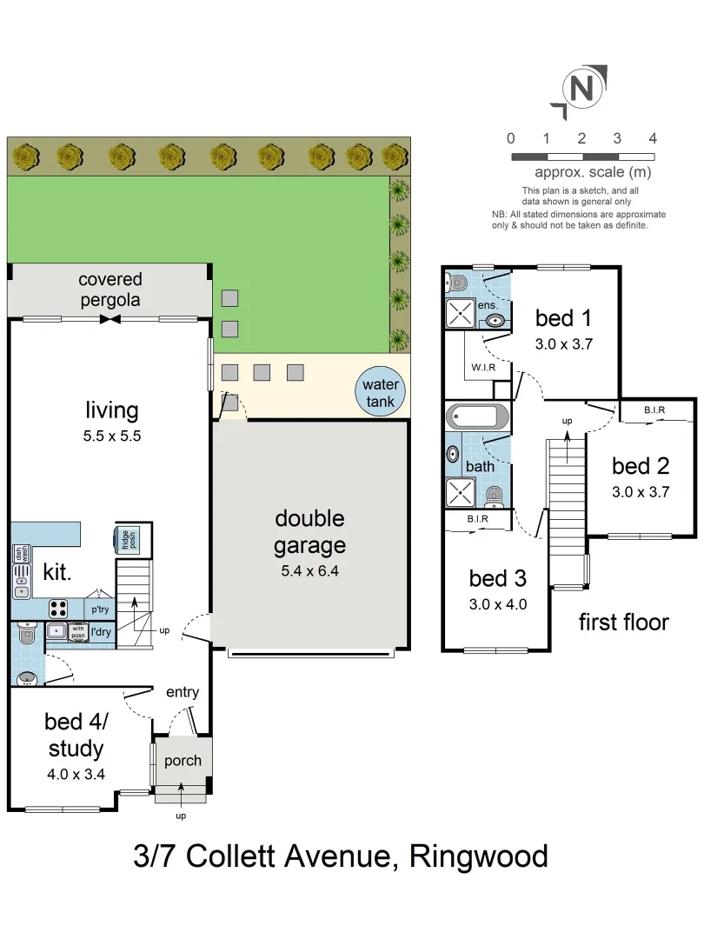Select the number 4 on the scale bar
(x=652, y=138)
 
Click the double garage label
(x=309, y=531)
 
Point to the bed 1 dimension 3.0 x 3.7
(x=563, y=343)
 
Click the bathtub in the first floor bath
(x=476, y=416)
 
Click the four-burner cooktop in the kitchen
(x=59, y=607)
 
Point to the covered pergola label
(x=110, y=290)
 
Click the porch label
(x=183, y=761)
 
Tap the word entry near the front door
(x=183, y=692)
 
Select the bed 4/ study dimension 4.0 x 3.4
(x=76, y=772)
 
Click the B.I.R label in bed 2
(x=654, y=410)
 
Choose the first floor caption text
(x=623, y=622)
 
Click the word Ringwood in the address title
(x=479, y=856)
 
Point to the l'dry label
(x=101, y=631)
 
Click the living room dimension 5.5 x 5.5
(x=111, y=436)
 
